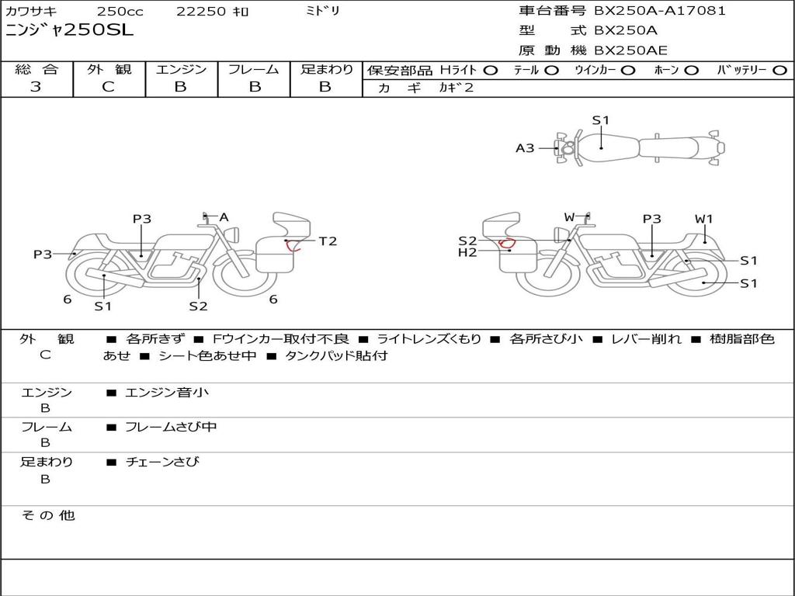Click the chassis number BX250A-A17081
(x=660, y=11)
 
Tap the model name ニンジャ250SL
(x=69, y=30)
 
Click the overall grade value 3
(x=36, y=86)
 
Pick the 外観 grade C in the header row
(x=108, y=86)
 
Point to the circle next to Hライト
(x=490, y=71)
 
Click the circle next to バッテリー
(x=779, y=71)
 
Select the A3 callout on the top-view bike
(x=525, y=148)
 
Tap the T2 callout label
(x=328, y=241)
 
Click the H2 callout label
(x=467, y=252)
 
